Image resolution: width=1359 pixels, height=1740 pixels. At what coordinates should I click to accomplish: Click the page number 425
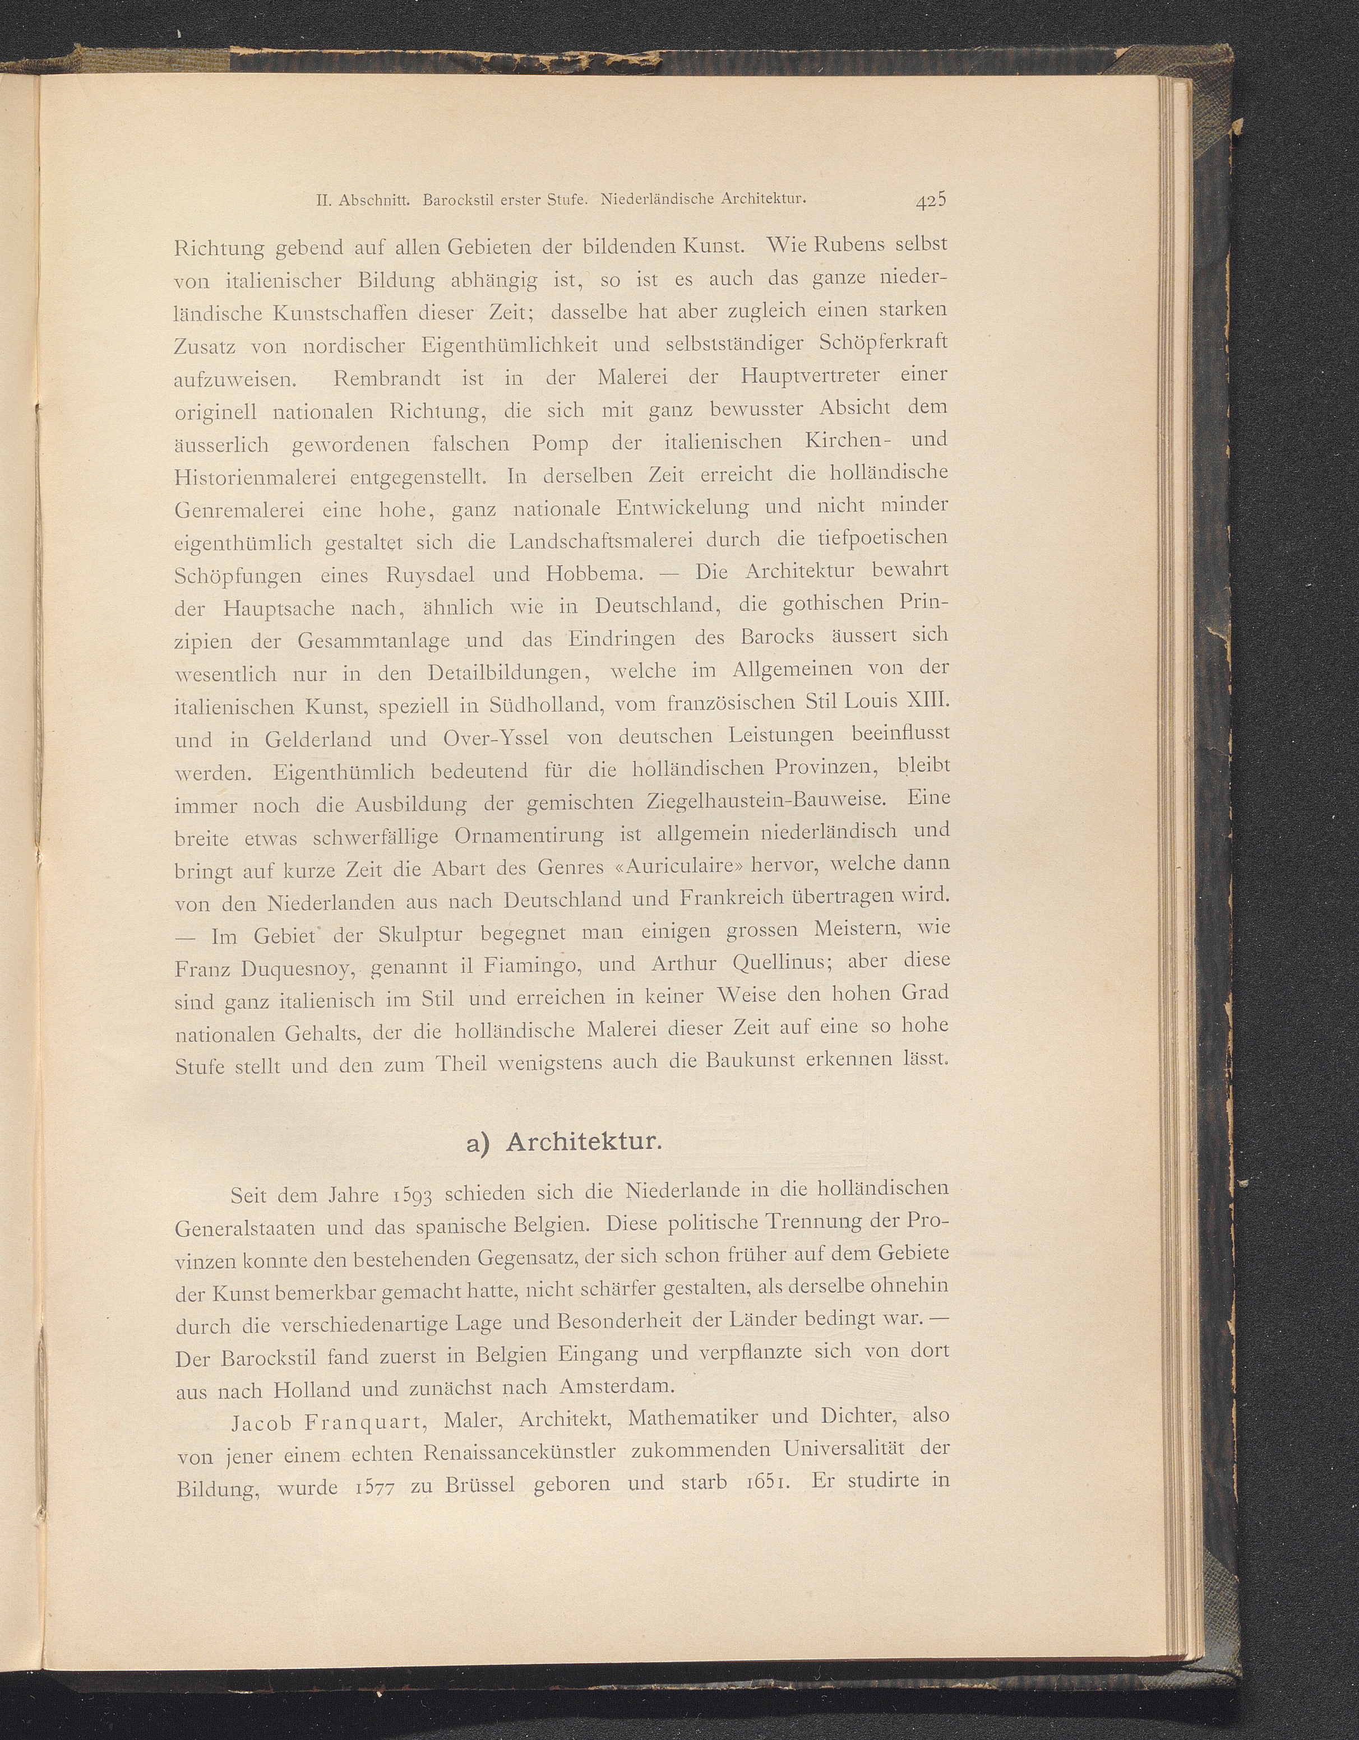930,202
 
